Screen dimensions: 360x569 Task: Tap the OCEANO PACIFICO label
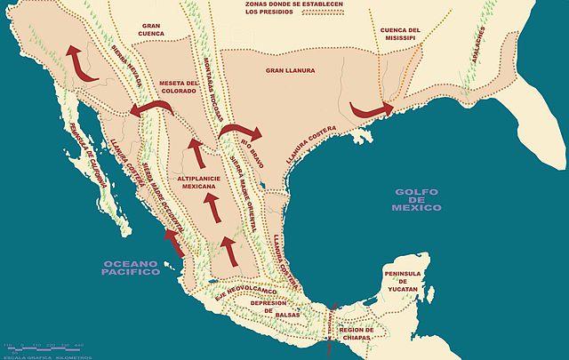pyautogui.click(x=132, y=268)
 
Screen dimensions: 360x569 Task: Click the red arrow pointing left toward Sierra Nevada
pyautogui.click(x=147, y=108)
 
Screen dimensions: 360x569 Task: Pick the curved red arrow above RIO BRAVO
pyautogui.click(x=242, y=132)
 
